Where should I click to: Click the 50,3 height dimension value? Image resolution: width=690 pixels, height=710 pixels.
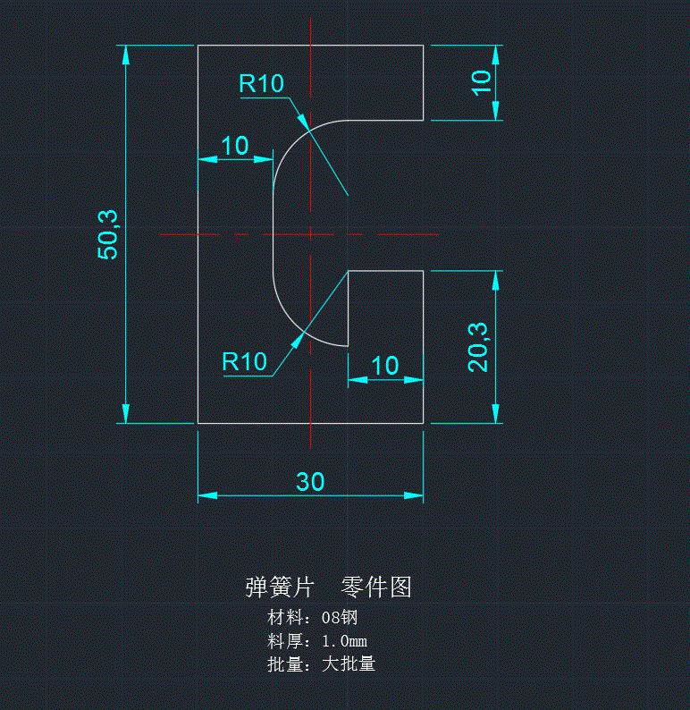pos(108,232)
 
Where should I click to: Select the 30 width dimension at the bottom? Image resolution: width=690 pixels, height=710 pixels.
pos(310,482)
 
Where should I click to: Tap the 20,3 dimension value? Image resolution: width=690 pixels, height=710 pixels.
pos(478,346)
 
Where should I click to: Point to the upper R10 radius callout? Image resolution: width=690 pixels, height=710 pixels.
pos(261,84)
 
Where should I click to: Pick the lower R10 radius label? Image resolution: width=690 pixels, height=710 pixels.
pos(244,362)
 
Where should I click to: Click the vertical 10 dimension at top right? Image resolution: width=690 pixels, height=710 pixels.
pos(481,81)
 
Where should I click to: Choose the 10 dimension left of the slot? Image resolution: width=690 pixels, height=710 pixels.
pos(234,146)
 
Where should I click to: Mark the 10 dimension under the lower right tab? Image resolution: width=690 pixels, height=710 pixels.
pos(384,366)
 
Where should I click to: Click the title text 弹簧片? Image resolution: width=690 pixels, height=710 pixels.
pos(280,587)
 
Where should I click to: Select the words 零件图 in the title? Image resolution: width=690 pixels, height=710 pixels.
pos(376,587)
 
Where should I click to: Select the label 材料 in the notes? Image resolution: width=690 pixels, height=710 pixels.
pos(285,617)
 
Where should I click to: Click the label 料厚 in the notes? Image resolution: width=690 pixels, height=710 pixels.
pos(285,641)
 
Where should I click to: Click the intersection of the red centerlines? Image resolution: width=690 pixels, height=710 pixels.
pos(310,235)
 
